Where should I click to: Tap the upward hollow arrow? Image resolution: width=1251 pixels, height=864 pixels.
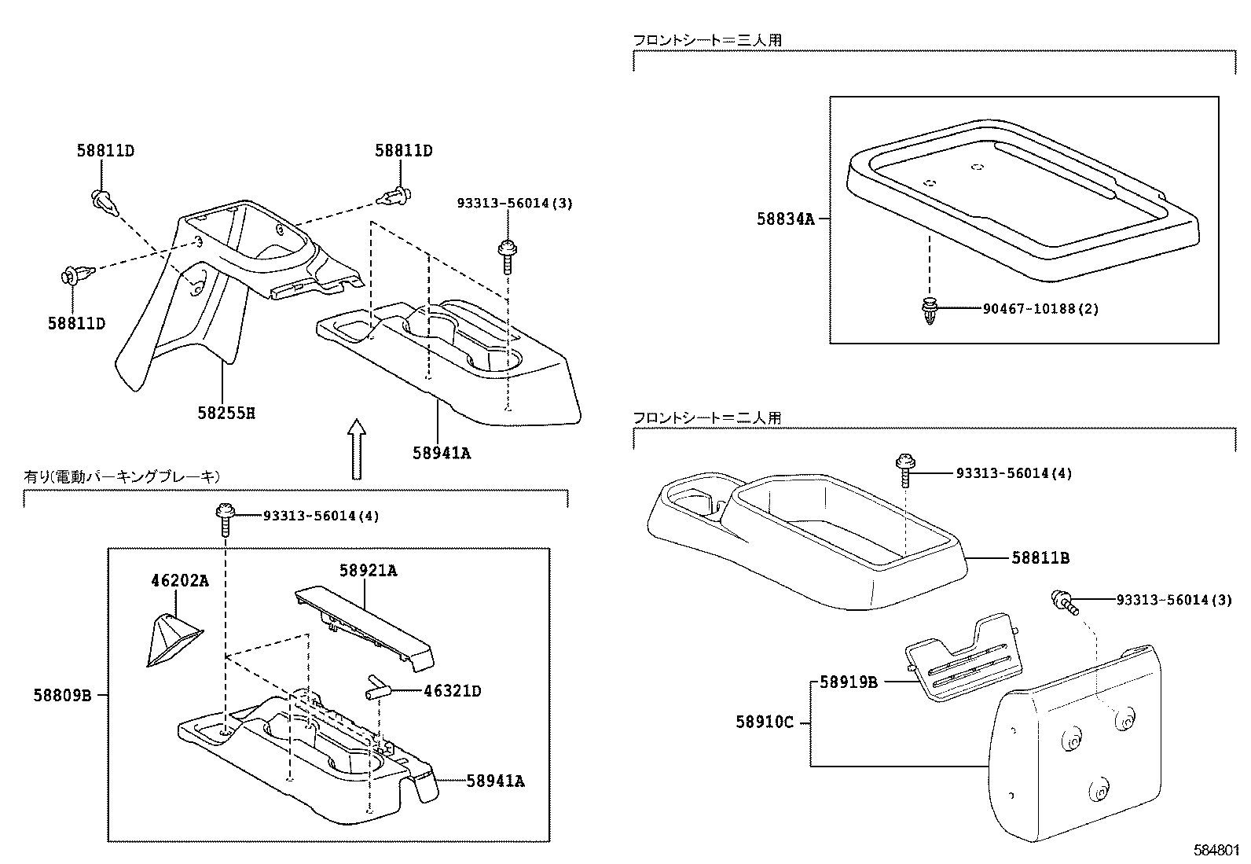(358, 448)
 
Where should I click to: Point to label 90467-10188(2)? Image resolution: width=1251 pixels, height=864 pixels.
(1040, 309)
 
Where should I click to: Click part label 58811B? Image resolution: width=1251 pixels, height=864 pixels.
(1040, 558)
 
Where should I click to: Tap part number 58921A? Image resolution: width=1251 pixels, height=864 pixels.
(368, 571)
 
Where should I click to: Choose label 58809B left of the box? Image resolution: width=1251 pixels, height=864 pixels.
(63, 695)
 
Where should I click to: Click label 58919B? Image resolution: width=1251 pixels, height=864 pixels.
(848, 682)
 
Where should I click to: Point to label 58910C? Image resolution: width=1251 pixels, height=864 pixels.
(765, 721)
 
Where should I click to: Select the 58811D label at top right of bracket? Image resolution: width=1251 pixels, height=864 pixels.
(403, 150)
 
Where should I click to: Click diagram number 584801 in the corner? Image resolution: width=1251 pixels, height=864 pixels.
(1216, 850)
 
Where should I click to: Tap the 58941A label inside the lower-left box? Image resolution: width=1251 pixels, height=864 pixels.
(495, 781)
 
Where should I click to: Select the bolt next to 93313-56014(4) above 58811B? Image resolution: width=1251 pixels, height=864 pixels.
(905, 469)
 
